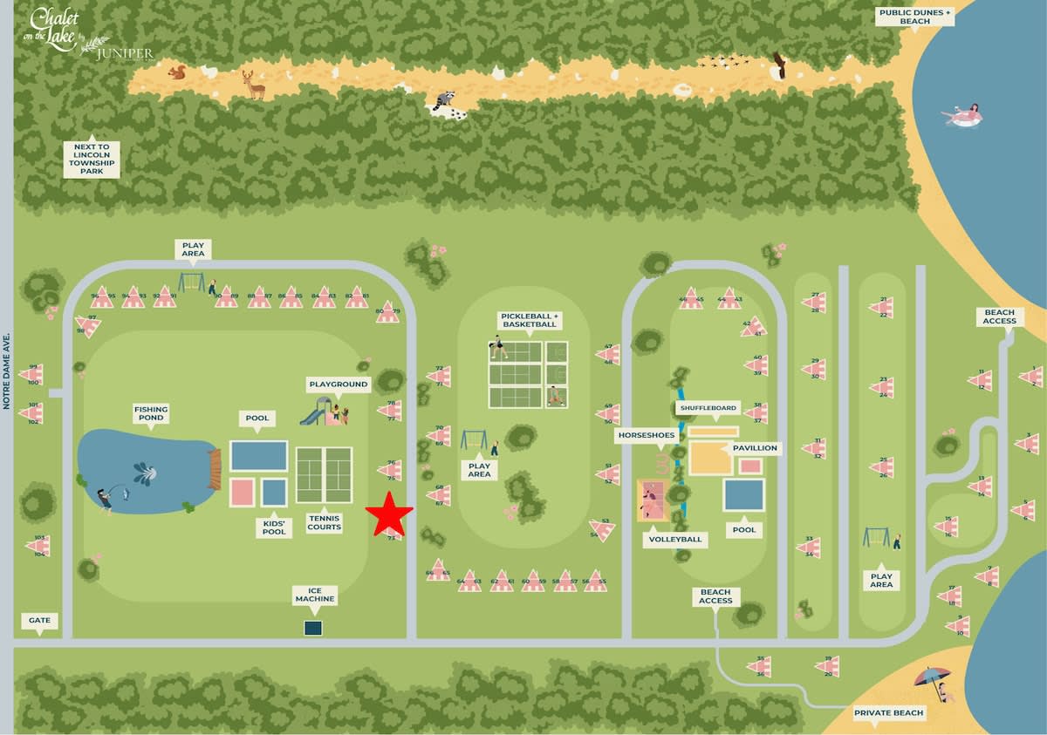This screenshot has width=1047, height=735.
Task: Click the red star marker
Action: (389, 514)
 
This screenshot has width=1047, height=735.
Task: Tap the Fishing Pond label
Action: (150, 412)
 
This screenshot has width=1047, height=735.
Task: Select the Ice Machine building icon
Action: (313, 627)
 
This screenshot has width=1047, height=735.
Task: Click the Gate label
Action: (39, 621)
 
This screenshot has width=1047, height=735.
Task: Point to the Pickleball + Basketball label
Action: (528, 320)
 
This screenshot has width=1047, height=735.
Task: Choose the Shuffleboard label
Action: (707, 408)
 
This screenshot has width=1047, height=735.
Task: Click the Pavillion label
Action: (756, 448)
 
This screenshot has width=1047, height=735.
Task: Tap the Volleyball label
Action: (674, 540)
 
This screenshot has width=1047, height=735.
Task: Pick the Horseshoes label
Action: (647, 434)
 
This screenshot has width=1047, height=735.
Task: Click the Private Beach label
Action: (888, 713)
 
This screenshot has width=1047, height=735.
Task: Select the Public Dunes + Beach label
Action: (914, 17)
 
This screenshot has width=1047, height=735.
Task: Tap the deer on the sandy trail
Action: (254, 85)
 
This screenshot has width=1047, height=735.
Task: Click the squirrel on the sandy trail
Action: (177, 72)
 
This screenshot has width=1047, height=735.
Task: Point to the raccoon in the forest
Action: (445, 103)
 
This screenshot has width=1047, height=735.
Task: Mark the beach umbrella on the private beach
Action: (932, 677)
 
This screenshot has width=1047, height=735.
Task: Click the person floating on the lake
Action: (963, 116)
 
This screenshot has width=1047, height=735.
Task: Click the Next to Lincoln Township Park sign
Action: (92, 160)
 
